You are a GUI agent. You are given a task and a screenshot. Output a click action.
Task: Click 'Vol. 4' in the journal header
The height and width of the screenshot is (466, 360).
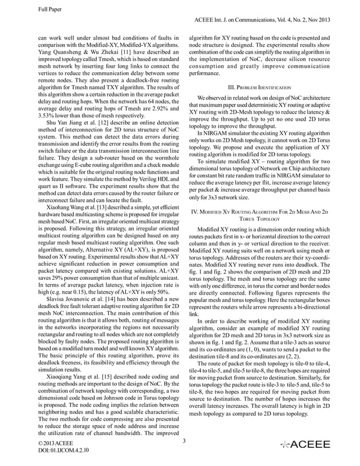tap(294, 20)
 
